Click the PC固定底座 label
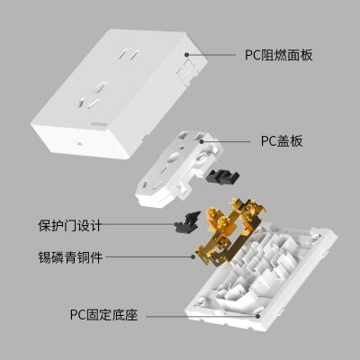tap(104, 316)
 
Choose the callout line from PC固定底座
tap(202, 316)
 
